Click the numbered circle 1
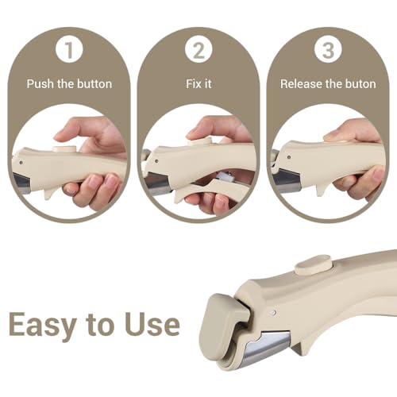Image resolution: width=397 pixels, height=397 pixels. (x=69, y=49)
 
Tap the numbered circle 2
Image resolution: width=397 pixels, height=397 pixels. (x=198, y=49)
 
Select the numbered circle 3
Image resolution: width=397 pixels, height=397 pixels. (x=328, y=49)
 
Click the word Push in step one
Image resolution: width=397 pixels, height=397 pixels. (x=40, y=84)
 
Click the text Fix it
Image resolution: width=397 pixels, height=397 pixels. (x=198, y=84)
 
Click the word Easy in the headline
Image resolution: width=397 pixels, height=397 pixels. (x=42, y=325)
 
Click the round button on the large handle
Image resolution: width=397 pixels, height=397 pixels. (x=313, y=264)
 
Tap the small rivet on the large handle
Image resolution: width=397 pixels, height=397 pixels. (x=275, y=313)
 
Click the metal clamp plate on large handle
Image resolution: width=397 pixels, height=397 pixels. (x=268, y=344)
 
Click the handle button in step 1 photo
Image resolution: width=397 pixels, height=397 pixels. (x=64, y=148)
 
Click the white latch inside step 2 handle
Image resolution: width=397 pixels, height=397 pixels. (x=225, y=176)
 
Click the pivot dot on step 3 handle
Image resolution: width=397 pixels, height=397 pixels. (x=289, y=157)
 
